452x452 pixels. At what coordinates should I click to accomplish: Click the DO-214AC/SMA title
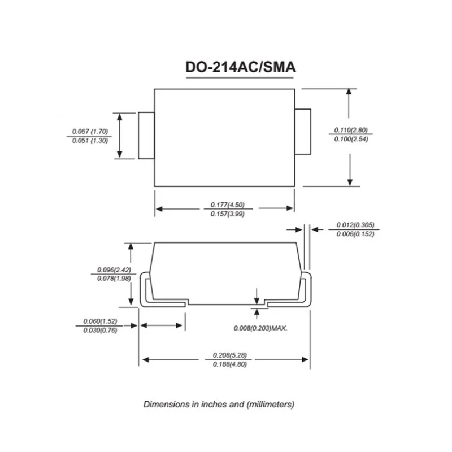(x=241, y=67)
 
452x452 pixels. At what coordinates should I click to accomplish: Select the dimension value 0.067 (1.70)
(x=90, y=132)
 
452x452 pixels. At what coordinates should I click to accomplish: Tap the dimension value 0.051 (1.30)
(x=90, y=140)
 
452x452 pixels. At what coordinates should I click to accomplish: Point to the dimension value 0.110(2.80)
(x=351, y=130)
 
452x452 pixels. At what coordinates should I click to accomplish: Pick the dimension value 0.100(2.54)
(x=351, y=139)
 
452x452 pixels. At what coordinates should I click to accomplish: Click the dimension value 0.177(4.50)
(x=228, y=205)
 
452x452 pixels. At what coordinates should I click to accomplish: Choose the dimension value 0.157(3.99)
(x=228, y=214)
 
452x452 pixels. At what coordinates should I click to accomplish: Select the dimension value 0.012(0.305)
(x=355, y=225)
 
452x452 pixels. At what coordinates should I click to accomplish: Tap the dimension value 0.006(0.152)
(x=355, y=234)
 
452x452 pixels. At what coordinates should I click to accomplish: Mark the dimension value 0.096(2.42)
(x=114, y=270)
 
